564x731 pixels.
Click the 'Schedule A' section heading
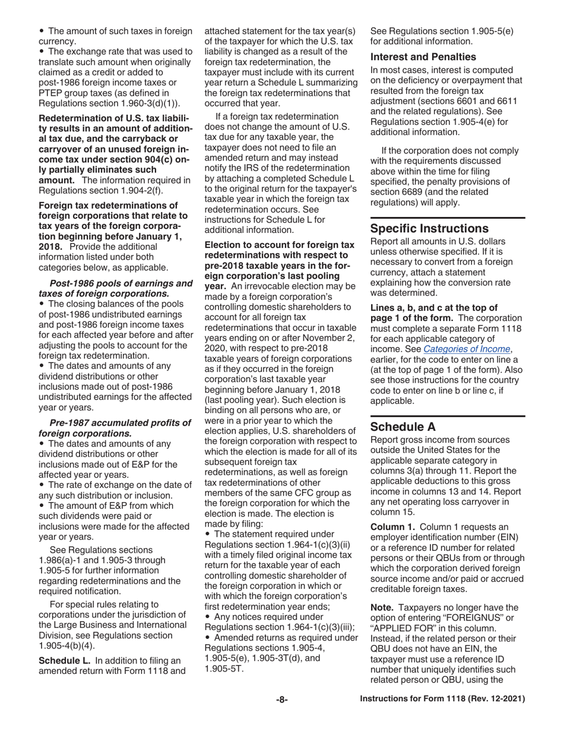coord(404,426)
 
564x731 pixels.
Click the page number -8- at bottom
coord(282,700)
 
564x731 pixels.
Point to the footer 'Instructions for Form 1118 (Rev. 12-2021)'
coord(443,700)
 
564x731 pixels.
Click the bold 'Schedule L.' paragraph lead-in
coord(65,660)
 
